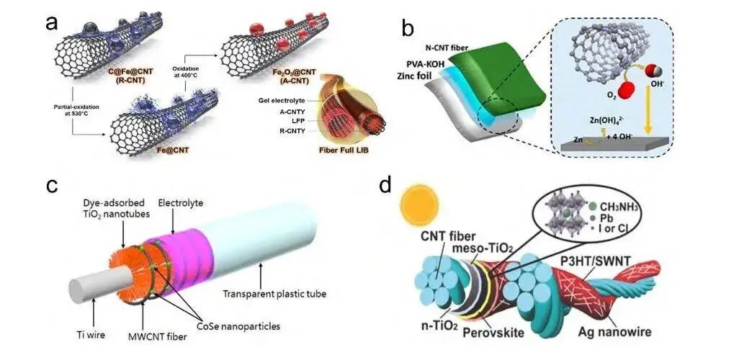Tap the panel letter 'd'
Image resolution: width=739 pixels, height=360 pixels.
tap(386, 186)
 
